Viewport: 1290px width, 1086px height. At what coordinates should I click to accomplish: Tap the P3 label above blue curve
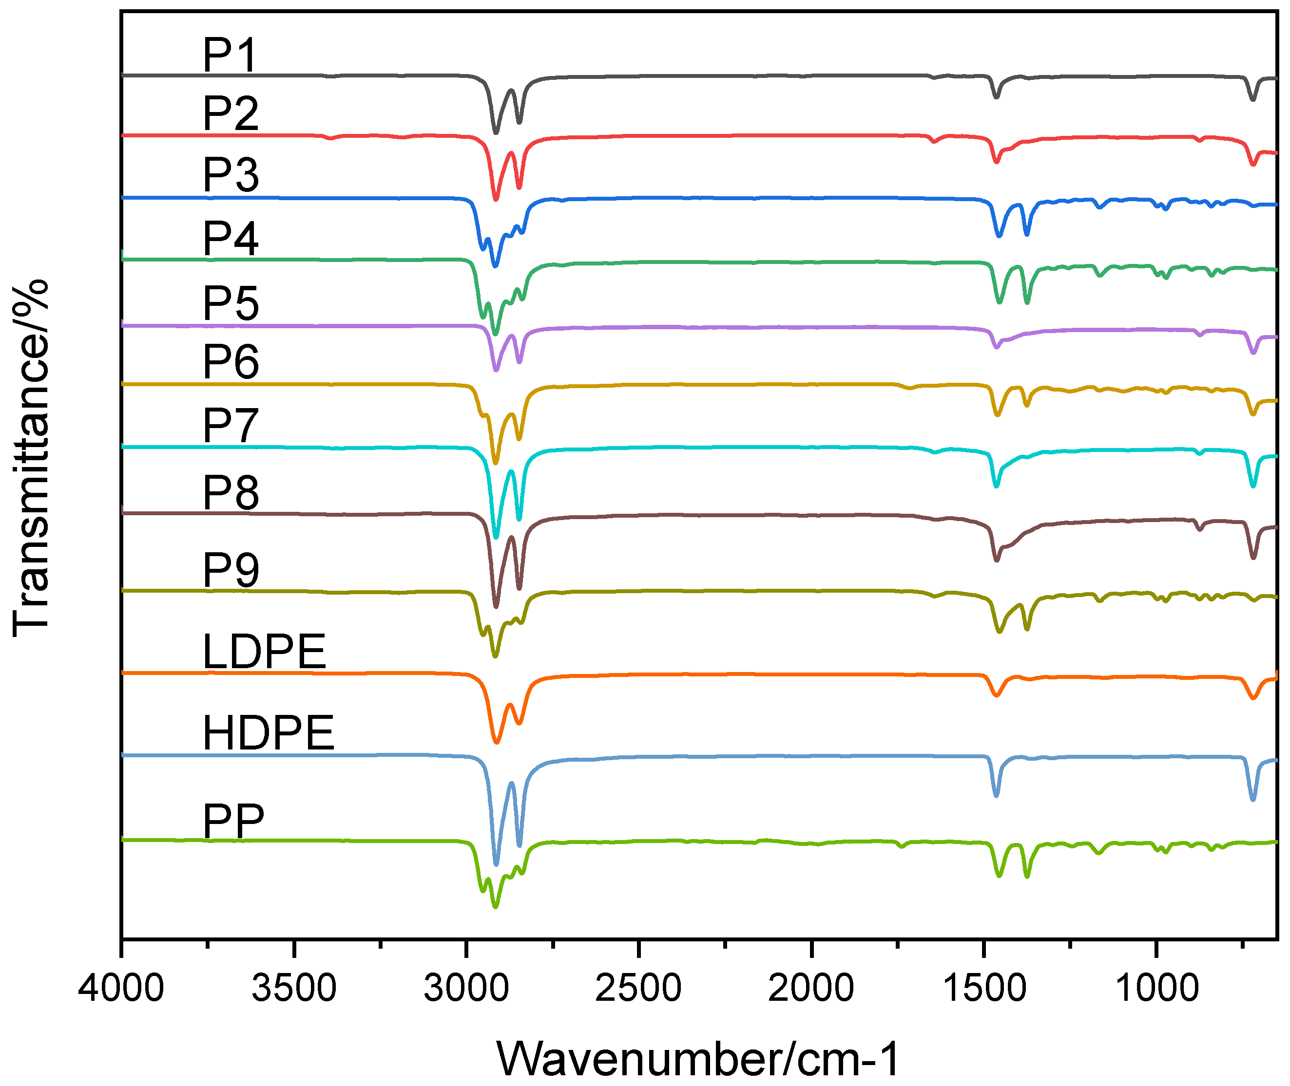231,175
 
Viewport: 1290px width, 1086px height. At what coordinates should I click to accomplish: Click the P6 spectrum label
231,361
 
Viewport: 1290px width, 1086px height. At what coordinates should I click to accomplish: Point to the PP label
233,821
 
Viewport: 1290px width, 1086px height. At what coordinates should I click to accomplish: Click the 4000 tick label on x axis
121,989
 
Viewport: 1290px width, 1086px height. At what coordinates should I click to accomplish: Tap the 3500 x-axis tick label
294,989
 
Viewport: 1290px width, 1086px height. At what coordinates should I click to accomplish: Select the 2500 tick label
639,989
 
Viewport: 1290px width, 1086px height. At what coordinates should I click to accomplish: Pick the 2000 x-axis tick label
811,989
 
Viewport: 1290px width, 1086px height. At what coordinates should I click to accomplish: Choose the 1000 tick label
1156,989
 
